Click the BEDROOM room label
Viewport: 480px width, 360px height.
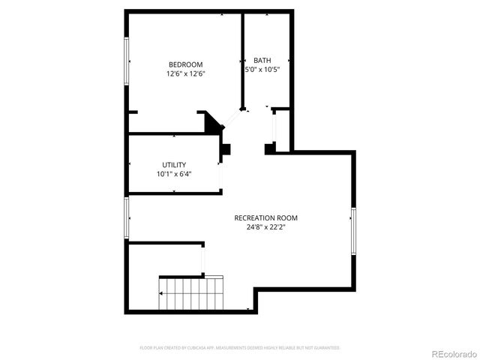click(185, 64)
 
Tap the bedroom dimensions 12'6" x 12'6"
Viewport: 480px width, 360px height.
click(185, 74)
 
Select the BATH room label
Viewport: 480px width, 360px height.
click(262, 61)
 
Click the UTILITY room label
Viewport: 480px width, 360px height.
click(174, 165)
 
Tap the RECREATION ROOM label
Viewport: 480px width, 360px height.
click(260, 217)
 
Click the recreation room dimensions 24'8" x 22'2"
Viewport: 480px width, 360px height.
click(260, 227)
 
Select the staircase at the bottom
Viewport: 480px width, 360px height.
click(191, 293)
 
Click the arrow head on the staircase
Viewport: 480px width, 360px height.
click(160, 293)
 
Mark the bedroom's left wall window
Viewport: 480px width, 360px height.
click(127, 61)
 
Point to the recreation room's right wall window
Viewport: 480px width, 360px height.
click(352, 232)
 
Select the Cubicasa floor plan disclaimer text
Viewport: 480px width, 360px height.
click(240, 348)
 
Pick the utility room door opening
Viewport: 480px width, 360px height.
click(220, 175)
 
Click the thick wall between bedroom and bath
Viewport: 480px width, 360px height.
click(241, 60)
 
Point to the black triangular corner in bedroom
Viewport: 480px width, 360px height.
click(213, 122)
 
